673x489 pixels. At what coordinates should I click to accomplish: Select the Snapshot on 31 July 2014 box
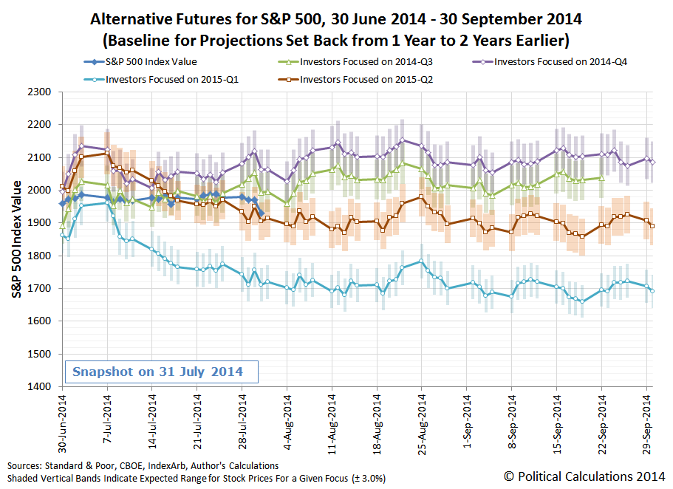click(157, 372)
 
